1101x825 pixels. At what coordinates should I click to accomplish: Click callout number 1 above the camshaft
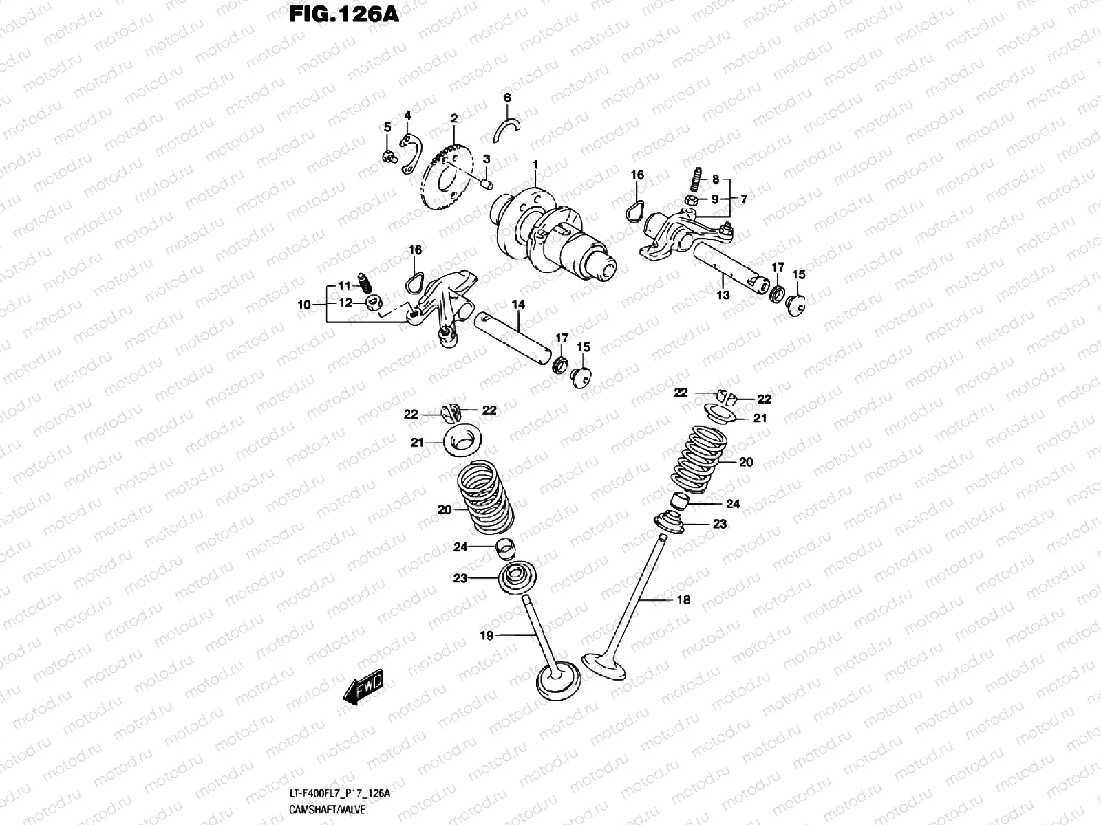tap(535, 166)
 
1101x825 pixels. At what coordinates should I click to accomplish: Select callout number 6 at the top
tap(507, 98)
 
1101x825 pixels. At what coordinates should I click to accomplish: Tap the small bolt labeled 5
tap(388, 157)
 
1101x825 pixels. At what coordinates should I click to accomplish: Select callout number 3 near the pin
tap(487, 159)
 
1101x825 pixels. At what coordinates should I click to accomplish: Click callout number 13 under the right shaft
tap(723, 295)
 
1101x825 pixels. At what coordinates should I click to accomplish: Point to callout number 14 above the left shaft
tap(518, 304)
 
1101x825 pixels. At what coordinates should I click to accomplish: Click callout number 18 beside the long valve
tap(683, 599)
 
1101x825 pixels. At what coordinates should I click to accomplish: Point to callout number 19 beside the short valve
tap(487, 636)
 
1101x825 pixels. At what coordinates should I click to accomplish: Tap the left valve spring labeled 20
tap(486, 500)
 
